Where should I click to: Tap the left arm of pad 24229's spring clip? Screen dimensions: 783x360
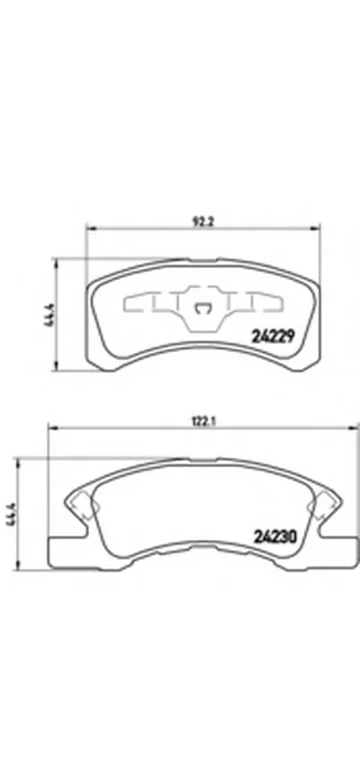tap(149, 302)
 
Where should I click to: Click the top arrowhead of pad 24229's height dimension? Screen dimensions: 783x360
tap(57, 262)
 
